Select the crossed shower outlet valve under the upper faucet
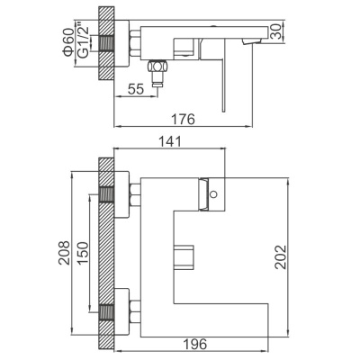156,67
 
